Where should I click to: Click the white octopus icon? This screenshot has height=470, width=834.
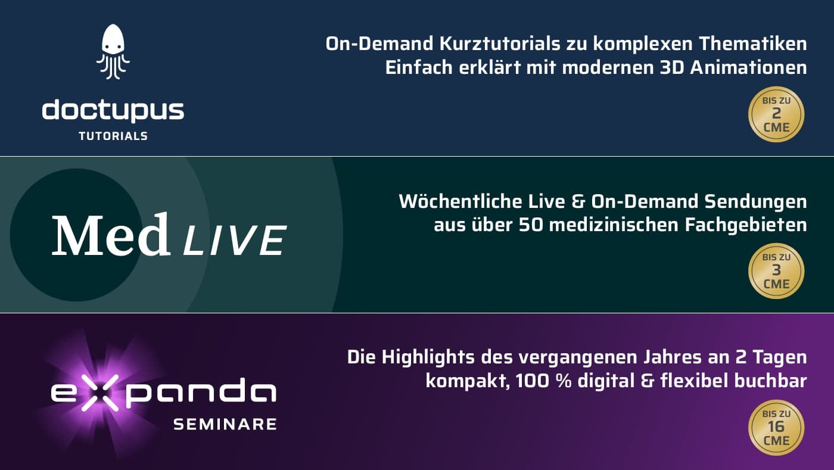(113, 51)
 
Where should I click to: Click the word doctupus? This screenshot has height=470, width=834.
(113, 111)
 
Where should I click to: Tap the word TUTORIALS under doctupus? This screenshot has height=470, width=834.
(113, 136)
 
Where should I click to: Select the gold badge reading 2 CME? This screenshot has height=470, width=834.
(776, 114)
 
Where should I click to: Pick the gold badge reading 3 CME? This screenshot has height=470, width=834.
(776, 271)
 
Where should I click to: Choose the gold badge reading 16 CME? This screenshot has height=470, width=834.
(776, 428)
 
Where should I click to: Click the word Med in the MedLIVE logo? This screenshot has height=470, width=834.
(111, 235)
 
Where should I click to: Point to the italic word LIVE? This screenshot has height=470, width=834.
(235, 241)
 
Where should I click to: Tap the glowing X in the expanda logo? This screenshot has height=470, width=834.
(100, 393)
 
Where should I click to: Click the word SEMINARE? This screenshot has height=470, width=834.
(225, 424)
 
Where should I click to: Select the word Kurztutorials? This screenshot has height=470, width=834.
(500, 43)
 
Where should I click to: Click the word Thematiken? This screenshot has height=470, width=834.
(753, 43)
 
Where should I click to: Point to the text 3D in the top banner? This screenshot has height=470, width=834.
(672, 68)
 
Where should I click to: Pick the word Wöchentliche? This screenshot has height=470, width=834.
(460, 201)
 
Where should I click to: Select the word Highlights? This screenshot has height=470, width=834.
(428, 357)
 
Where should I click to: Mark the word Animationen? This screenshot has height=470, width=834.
(748, 68)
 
